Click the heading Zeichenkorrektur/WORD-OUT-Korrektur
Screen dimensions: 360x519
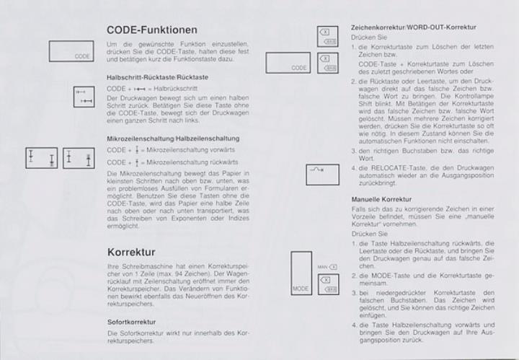(x=412, y=27)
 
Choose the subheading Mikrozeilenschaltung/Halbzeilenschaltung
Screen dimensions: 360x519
(x=173, y=138)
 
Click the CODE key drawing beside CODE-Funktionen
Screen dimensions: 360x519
(x=72, y=51)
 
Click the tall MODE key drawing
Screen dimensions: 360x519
(x=301, y=275)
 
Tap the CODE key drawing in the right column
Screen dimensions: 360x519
(x=288, y=62)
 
